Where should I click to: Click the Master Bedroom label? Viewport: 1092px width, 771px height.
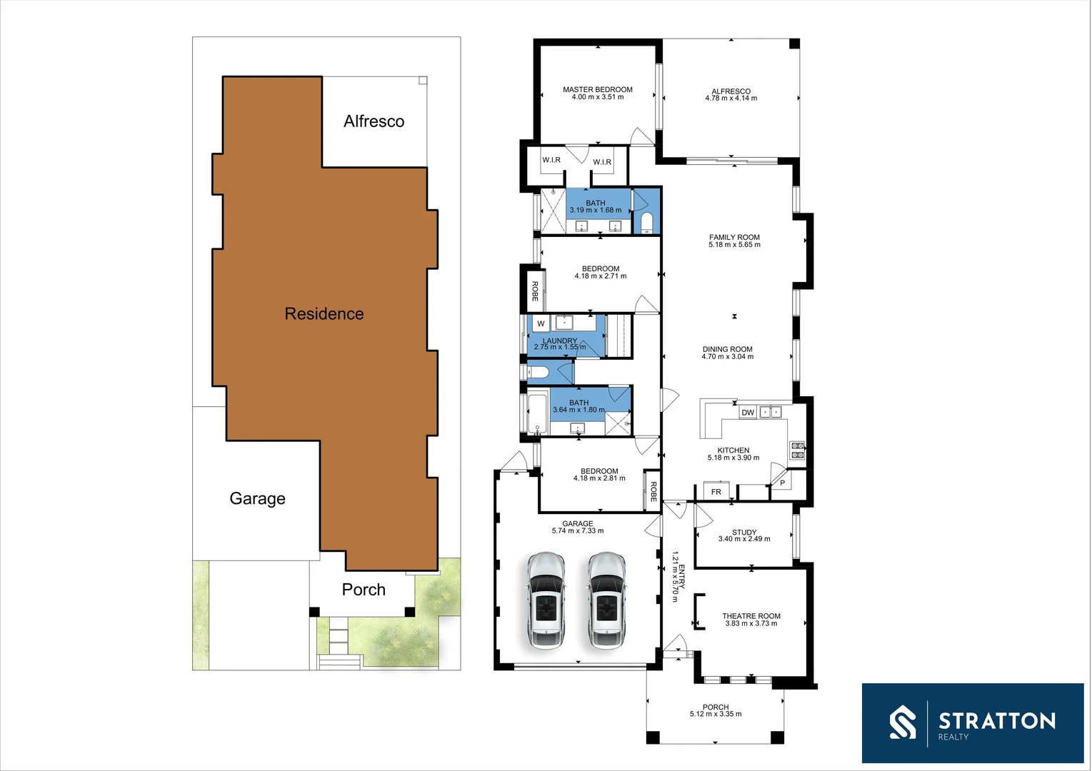pyautogui.click(x=597, y=90)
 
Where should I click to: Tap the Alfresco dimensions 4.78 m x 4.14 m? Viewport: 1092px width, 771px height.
pyautogui.click(x=731, y=99)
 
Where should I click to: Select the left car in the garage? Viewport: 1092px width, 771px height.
pyautogui.click(x=546, y=600)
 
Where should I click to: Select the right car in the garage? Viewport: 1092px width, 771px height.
pyautogui.click(x=607, y=600)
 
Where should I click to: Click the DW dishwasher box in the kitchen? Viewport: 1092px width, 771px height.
pyautogui.click(x=748, y=413)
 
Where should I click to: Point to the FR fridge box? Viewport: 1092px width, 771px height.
pyautogui.click(x=716, y=492)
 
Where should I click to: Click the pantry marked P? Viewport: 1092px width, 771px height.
pyautogui.click(x=783, y=483)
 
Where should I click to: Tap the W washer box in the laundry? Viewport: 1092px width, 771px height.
pyautogui.click(x=541, y=324)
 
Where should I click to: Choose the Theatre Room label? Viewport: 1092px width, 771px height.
pyautogui.click(x=751, y=616)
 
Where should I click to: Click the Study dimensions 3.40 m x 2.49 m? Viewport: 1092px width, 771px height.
pyautogui.click(x=744, y=539)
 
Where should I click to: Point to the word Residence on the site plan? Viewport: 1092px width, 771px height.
pyautogui.click(x=324, y=314)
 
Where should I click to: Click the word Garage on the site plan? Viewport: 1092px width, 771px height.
pyautogui.click(x=257, y=498)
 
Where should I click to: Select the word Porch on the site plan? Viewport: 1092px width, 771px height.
pyautogui.click(x=364, y=590)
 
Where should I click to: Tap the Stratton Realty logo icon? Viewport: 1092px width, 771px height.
pyautogui.click(x=903, y=722)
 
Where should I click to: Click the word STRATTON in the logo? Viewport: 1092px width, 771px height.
pyautogui.click(x=997, y=720)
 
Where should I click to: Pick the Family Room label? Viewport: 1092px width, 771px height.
pyautogui.click(x=734, y=238)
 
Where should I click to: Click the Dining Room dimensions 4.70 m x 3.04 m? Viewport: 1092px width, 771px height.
pyautogui.click(x=727, y=357)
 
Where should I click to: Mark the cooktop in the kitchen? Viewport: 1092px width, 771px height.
pyautogui.click(x=797, y=450)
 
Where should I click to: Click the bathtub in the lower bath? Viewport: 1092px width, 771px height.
pyautogui.click(x=538, y=414)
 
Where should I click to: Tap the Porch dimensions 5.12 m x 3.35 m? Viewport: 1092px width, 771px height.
pyautogui.click(x=716, y=714)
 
